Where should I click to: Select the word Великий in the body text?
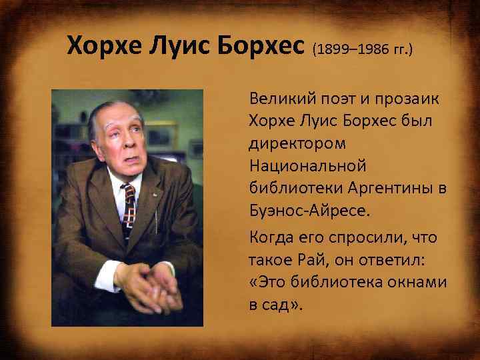pyautogui.click(x=281, y=99)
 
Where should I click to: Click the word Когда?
pyautogui.click(x=270, y=237)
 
